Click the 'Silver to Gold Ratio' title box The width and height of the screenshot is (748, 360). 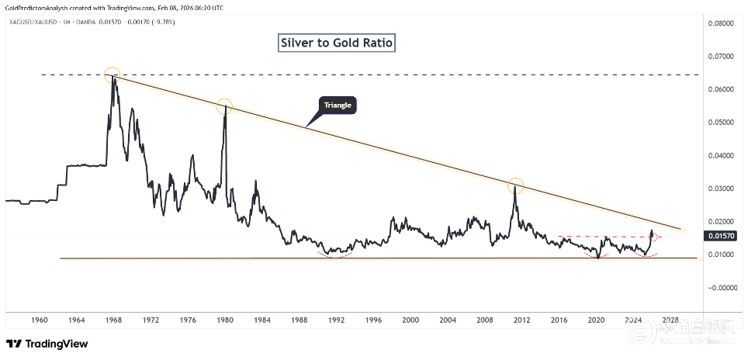pos(337,43)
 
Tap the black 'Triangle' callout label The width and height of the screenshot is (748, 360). pos(338,106)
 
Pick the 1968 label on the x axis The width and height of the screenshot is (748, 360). pos(113,320)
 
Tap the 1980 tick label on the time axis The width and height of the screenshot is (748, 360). pos(225,320)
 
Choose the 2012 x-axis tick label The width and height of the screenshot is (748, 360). pos(521,320)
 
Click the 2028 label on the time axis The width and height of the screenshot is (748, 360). pos(670,320)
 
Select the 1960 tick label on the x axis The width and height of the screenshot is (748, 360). pos(40,320)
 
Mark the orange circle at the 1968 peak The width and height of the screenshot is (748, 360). pos(113,74)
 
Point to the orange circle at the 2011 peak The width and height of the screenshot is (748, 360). pos(516,186)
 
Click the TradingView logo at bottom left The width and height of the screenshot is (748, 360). pos(47,344)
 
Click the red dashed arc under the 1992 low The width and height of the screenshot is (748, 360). pos(335,254)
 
